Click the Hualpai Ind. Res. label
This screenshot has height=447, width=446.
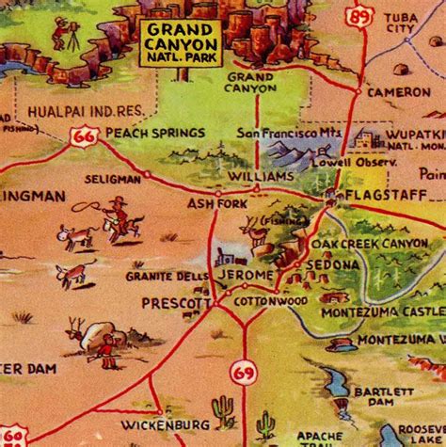(75, 109)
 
